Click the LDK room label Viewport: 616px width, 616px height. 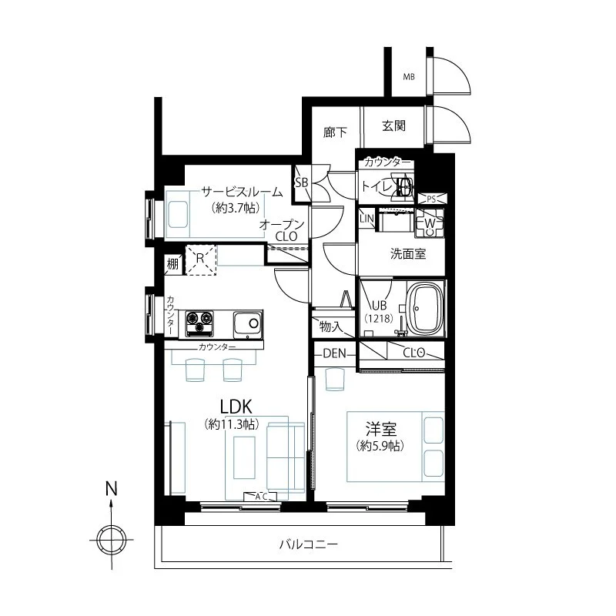pyautogui.click(x=236, y=407)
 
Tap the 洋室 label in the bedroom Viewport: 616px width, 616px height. pyautogui.click(x=380, y=429)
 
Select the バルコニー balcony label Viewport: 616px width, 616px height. pyautogui.click(x=309, y=544)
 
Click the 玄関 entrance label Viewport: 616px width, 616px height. pyautogui.click(x=393, y=126)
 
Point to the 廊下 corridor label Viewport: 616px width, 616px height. pyautogui.click(x=335, y=132)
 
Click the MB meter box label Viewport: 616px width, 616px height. pyautogui.click(x=409, y=76)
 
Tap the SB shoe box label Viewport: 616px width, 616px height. pyautogui.click(x=301, y=182)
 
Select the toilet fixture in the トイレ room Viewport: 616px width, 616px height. pyautogui.click(x=403, y=186)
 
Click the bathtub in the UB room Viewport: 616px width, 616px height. pyautogui.click(x=426, y=308)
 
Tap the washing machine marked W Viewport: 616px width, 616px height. pyautogui.click(x=430, y=223)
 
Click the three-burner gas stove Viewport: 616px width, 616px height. pyautogui.click(x=199, y=323)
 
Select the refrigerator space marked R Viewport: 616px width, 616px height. pyautogui.click(x=200, y=259)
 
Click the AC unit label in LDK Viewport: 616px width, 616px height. pyautogui.click(x=260, y=497)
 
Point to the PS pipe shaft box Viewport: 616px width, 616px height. pyautogui.click(x=431, y=199)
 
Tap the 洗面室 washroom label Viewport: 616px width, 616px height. pyautogui.click(x=408, y=254)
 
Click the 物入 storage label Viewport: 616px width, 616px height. pyautogui.click(x=330, y=326)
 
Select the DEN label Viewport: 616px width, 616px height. pyautogui.click(x=334, y=353)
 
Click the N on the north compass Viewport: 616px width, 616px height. pyautogui.click(x=112, y=489)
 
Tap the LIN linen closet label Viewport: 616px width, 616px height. pyautogui.click(x=367, y=219)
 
